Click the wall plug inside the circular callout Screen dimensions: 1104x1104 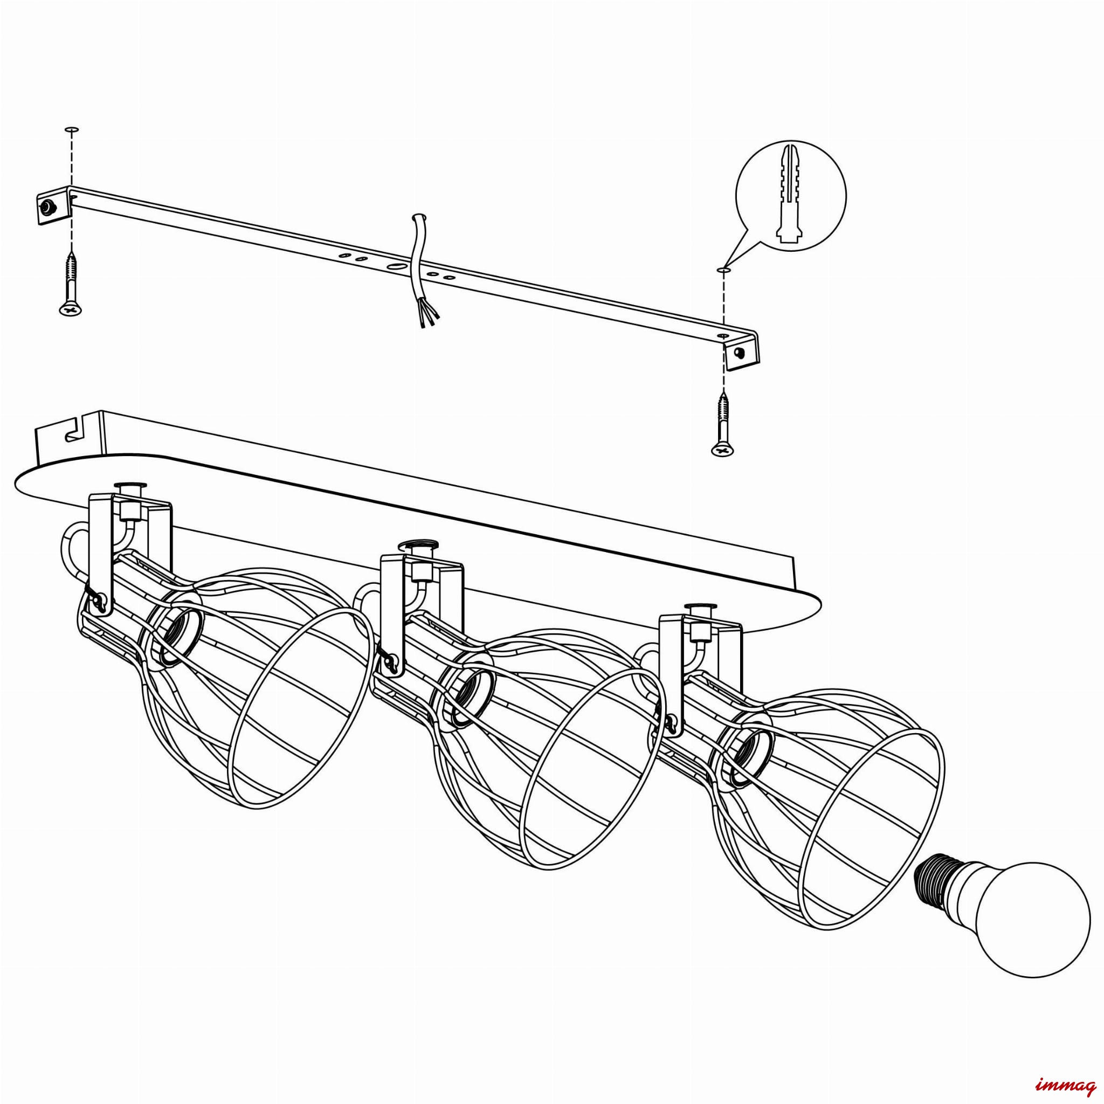tap(791, 196)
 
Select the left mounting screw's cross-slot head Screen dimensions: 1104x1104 tap(71, 309)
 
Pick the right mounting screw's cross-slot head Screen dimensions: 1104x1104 tap(723, 450)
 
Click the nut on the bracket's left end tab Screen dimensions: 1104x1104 tap(45, 207)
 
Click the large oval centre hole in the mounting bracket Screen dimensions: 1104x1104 tap(396, 266)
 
